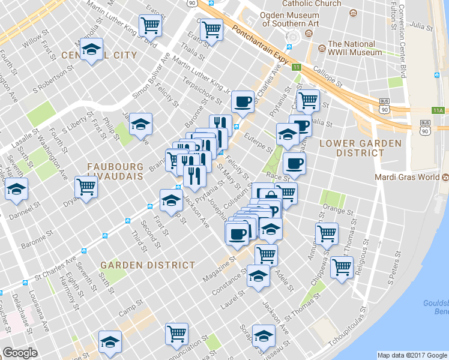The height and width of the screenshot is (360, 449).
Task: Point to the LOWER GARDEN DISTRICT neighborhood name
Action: click(x=352, y=148)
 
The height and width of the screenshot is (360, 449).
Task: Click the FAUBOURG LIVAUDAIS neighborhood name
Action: click(x=115, y=172)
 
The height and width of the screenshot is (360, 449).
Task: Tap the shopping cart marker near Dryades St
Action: click(x=86, y=187)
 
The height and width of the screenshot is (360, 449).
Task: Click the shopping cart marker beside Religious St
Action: click(x=342, y=266)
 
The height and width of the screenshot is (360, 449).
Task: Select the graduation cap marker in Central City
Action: click(x=91, y=49)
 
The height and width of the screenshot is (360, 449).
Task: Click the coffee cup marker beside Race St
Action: click(x=294, y=163)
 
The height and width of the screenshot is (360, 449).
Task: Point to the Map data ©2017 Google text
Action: click(x=412, y=355)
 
